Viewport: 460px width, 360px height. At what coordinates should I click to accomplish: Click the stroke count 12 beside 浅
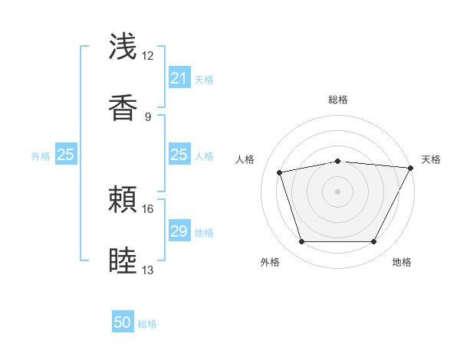148,56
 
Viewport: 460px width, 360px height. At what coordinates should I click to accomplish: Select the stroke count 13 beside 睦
148,270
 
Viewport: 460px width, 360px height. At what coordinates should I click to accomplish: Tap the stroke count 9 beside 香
148,116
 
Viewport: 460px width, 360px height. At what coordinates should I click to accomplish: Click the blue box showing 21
179,78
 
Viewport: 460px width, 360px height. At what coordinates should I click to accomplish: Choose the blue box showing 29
179,231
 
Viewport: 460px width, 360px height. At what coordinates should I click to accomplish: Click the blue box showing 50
123,323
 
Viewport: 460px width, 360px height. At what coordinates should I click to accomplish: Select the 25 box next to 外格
65,155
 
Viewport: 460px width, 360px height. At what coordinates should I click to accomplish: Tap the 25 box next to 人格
179,155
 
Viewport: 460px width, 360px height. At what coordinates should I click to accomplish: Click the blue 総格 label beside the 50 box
147,324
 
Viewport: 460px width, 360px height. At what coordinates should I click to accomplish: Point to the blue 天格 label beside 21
204,79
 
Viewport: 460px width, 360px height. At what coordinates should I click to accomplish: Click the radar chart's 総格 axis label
338,100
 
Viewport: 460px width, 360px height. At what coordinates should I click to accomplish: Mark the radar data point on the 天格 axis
412,168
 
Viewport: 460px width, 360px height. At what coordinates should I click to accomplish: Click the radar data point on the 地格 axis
374,242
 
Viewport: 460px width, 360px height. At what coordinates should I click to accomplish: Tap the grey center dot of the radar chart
338,191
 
